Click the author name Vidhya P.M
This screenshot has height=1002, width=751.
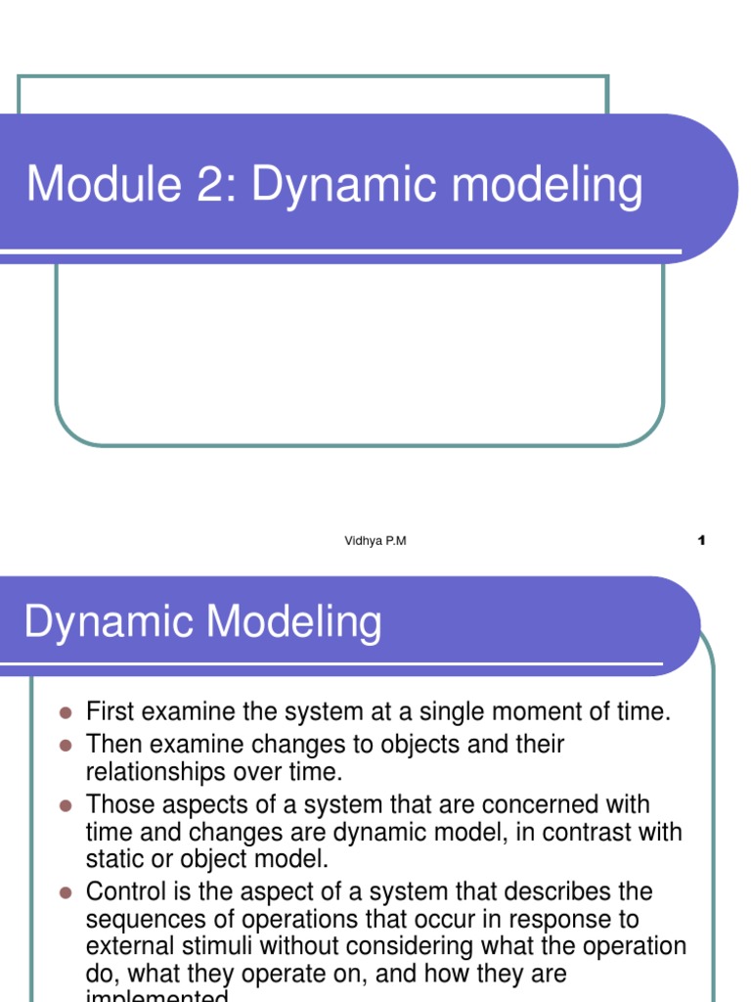coord(375,541)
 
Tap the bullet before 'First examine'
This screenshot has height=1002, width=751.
coord(66,712)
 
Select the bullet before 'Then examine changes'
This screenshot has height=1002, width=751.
coord(66,745)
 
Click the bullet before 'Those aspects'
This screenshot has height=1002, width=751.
coord(66,805)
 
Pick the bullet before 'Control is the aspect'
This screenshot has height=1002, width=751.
coord(66,892)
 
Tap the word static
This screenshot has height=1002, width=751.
coord(113,862)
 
